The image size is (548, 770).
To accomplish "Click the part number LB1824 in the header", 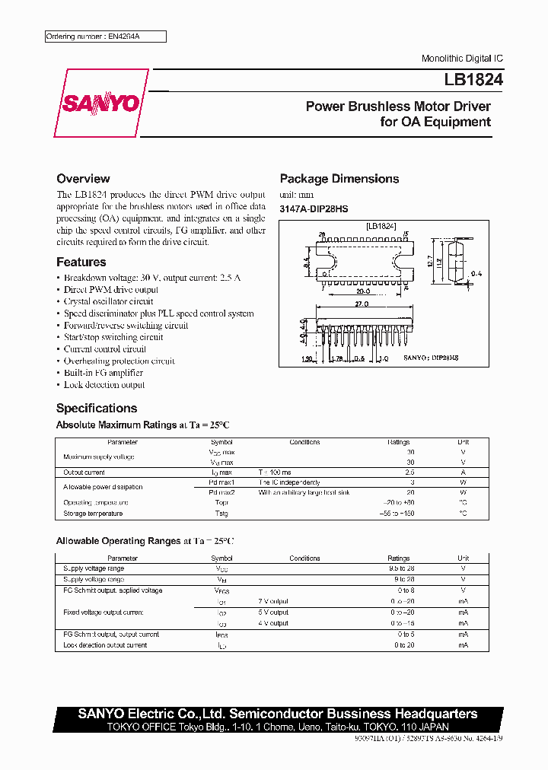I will [x=468, y=78].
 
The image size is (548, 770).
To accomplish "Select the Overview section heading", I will [x=83, y=179].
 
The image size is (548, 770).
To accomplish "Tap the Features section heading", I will [x=81, y=262].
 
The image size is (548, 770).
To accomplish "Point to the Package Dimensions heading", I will [x=339, y=179].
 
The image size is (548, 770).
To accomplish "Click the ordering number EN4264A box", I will [x=104, y=37].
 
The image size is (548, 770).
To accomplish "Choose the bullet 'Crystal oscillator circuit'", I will [x=108, y=301].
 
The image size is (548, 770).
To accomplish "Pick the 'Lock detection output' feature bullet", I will [x=104, y=385].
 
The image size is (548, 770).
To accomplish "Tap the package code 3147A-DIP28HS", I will [x=314, y=208].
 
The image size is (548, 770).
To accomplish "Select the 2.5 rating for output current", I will [x=410, y=472].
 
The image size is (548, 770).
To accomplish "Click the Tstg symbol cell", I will [x=222, y=514].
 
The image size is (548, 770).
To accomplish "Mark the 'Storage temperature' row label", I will [x=93, y=514].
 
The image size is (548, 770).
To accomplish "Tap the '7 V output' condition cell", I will [x=273, y=601].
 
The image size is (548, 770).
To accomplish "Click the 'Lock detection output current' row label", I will [x=105, y=645].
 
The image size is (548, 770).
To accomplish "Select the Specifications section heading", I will [x=97, y=408].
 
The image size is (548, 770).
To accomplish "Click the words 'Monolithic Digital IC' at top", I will [x=462, y=59].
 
